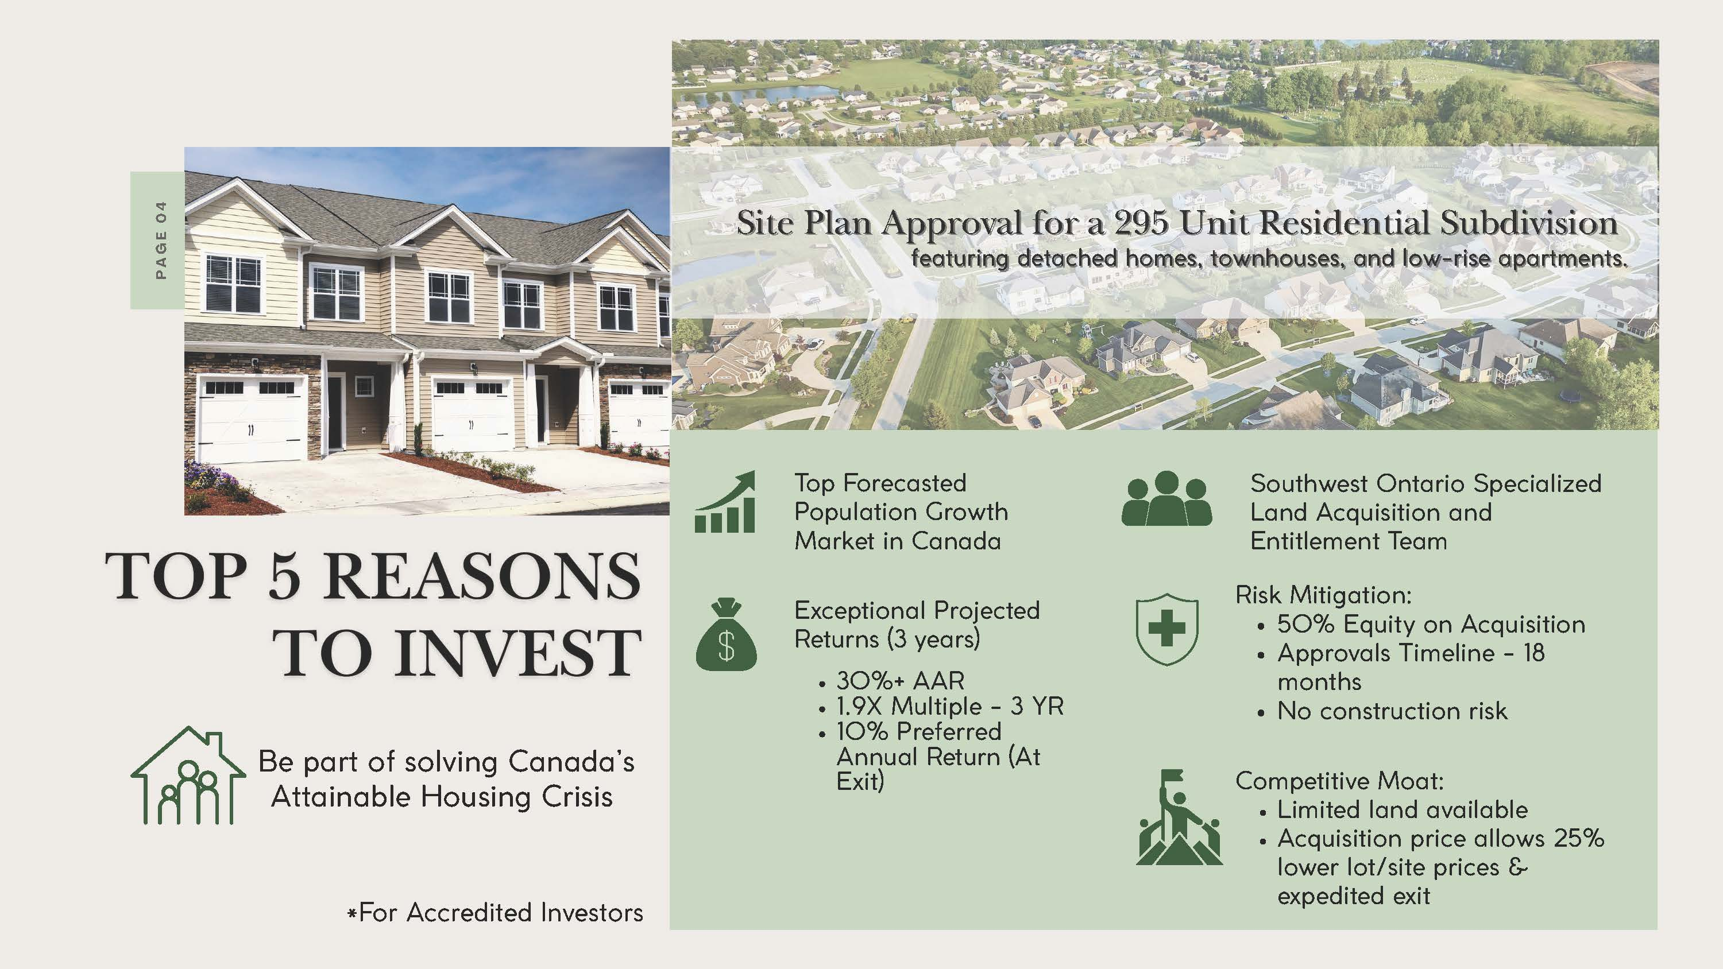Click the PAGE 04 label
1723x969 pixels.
point(161,240)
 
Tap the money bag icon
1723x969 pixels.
point(727,633)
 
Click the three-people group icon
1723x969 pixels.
point(1166,498)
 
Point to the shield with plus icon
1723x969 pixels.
point(1167,629)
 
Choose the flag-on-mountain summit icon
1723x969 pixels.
point(1179,817)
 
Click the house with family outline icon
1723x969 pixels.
point(188,776)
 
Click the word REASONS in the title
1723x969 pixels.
point(483,576)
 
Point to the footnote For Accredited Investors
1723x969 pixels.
point(495,913)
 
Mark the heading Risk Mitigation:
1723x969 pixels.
point(1324,595)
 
